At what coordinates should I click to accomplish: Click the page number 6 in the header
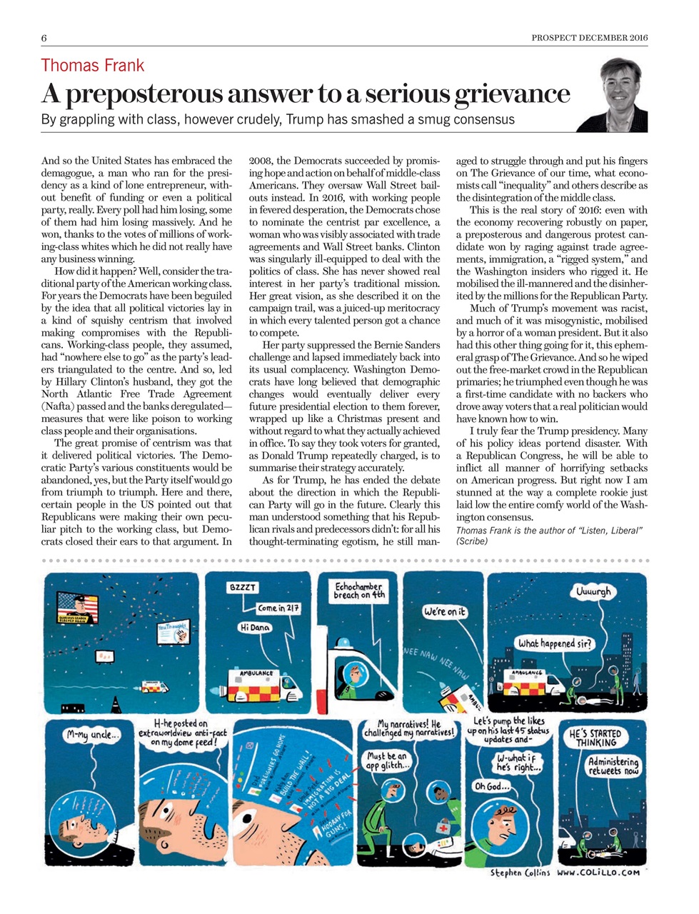click(x=44, y=38)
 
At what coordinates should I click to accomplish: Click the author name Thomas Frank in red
click(x=93, y=66)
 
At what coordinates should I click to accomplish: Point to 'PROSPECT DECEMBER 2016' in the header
click(x=590, y=38)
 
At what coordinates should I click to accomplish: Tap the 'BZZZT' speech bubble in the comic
click(x=243, y=587)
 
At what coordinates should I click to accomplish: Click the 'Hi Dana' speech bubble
click(x=256, y=627)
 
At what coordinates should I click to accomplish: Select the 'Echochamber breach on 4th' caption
click(x=360, y=591)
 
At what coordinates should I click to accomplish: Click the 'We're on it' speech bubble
click(x=445, y=611)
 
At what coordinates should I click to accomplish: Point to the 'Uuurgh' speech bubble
click(x=594, y=592)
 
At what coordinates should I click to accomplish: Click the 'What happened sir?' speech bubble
click(x=555, y=643)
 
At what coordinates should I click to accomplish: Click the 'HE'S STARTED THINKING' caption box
click(x=595, y=738)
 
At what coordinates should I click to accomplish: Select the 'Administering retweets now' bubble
click(x=613, y=766)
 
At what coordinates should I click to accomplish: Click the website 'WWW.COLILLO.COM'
click(x=598, y=873)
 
